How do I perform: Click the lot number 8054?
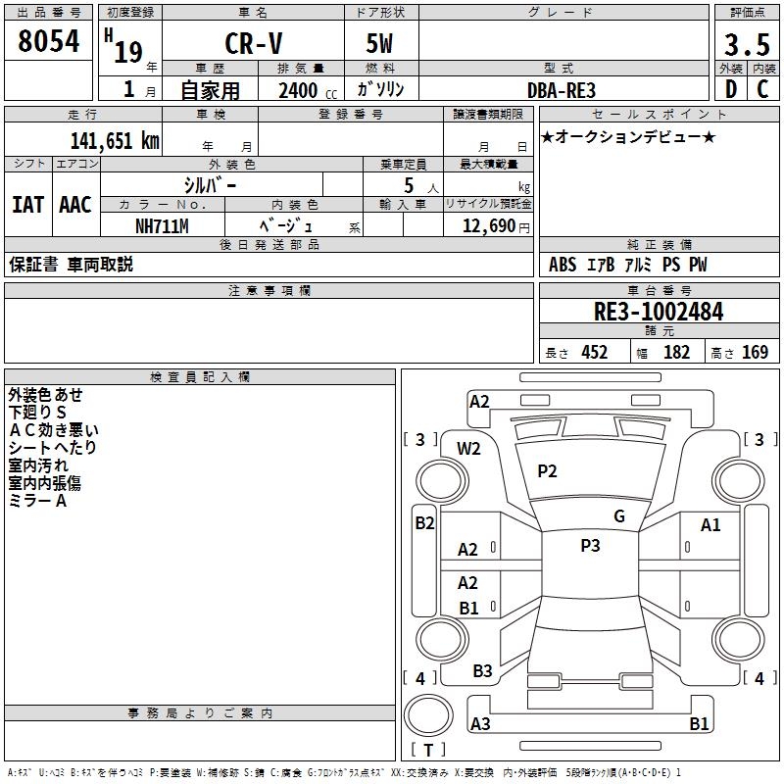coord(49,41)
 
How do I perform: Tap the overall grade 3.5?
coord(745,45)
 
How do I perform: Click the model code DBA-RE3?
coord(561,90)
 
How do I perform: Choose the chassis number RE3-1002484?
coord(659,313)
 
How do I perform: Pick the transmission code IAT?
coord(27,205)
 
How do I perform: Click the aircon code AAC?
coord(75,205)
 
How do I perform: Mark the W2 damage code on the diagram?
coord(469,449)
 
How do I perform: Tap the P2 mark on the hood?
coord(547,471)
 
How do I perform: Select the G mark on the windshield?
coord(618,516)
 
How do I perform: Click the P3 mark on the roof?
coord(590,546)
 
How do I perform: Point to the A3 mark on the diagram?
coord(480,724)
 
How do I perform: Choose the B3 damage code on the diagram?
coord(482,671)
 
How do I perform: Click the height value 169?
coord(755,352)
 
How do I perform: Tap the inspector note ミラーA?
coord(37,501)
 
